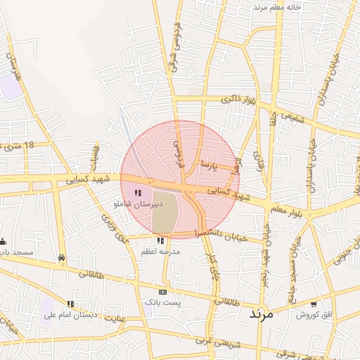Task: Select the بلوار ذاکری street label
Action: tap(236, 101)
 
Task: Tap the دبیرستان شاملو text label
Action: tap(137, 204)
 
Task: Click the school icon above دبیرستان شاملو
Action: tap(138, 192)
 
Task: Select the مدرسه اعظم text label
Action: tap(160, 251)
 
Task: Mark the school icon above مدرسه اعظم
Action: tap(160, 240)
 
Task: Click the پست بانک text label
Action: tap(162, 302)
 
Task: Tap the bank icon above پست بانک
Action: tap(162, 291)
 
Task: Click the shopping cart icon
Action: tap(313, 304)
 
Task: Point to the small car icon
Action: tap(62, 258)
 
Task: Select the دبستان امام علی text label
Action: tap(69, 315)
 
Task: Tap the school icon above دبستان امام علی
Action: tap(70, 304)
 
